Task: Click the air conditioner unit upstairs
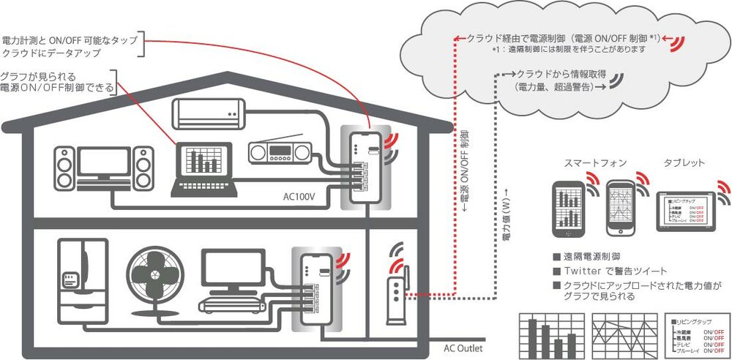tap(208, 112)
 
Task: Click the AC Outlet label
tap(463, 348)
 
